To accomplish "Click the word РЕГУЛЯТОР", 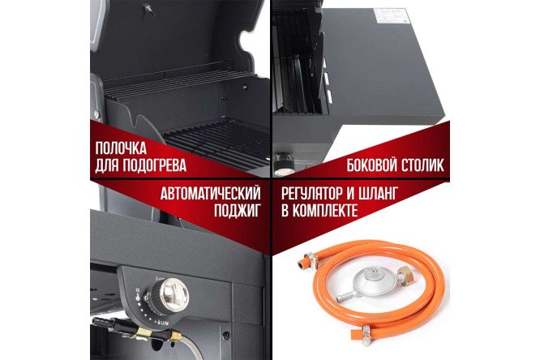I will coord(318,195).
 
